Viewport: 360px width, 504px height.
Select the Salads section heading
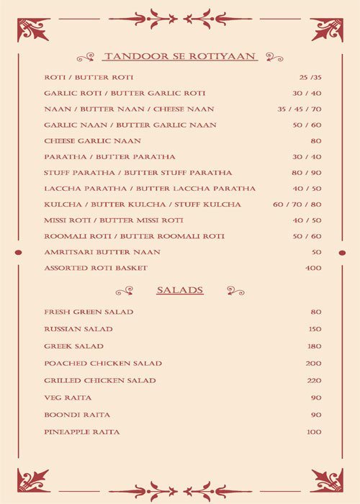180,290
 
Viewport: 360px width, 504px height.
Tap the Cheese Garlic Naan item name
92,140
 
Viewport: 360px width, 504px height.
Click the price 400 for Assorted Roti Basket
313,268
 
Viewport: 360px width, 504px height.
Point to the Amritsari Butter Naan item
102,252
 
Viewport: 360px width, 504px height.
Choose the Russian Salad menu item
78,329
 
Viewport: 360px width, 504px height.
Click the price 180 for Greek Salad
313,346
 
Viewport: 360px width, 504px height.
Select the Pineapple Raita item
81,431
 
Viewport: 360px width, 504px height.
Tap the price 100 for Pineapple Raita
313,431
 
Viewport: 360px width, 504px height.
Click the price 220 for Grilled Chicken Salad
313,380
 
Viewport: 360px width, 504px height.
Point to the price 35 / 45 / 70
300,109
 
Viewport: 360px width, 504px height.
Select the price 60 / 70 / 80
297,204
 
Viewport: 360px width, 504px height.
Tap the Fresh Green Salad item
89,312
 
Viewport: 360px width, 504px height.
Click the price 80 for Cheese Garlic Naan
316,140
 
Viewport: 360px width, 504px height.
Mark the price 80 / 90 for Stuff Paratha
307,173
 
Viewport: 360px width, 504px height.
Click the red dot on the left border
19,252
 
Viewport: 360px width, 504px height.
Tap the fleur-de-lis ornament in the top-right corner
327,30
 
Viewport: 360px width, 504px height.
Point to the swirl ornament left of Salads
124,290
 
